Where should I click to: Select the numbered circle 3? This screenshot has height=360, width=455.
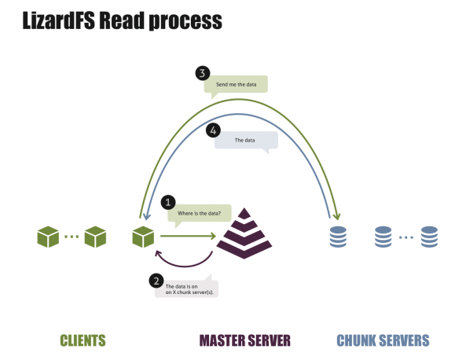[x=203, y=74]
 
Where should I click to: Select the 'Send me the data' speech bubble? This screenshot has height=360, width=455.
[x=236, y=84]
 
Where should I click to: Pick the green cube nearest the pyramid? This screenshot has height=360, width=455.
[x=143, y=235]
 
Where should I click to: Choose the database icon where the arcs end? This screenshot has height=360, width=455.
[x=338, y=236]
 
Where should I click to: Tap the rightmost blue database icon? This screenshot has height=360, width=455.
[x=428, y=236]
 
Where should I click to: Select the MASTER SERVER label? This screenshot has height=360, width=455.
[x=245, y=340]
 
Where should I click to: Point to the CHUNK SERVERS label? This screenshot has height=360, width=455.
[x=383, y=340]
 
